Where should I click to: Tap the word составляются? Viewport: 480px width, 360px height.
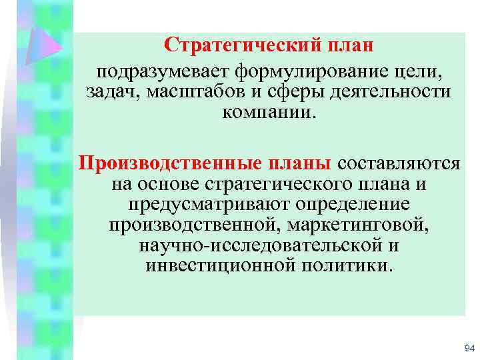[x=399, y=162]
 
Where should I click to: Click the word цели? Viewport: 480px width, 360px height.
[x=422, y=71]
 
